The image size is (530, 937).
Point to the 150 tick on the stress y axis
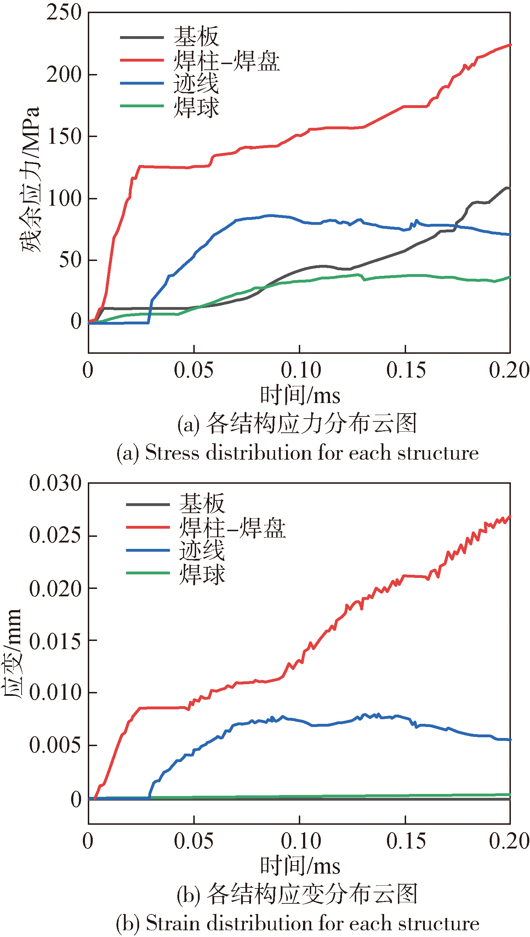tap(64, 137)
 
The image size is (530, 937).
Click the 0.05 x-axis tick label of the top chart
tap(193, 370)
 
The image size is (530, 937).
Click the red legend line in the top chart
tap(142, 61)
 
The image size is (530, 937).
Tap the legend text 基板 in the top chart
tap(196, 37)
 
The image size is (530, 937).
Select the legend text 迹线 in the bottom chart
tap(202, 550)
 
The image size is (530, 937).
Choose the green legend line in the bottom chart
tap(148, 573)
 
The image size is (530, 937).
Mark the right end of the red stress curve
tap(509, 45)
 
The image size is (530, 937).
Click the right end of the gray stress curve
tap(509, 188)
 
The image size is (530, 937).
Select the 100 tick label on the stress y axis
tap(64, 199)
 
